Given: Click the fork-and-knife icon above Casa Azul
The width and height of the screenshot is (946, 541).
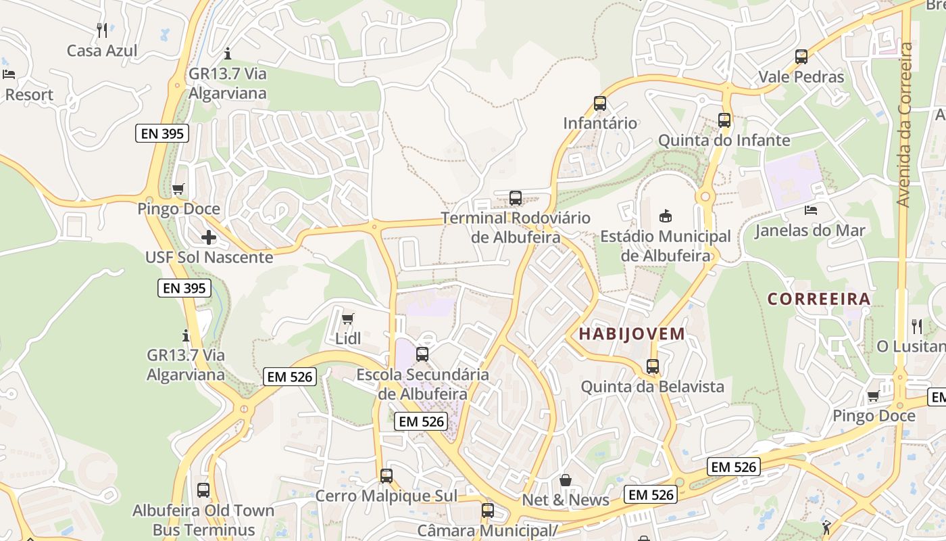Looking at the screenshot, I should pyautogui.click(x=102, y=30).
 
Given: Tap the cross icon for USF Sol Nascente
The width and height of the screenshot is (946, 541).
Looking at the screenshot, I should pyautogui.click(x=209, y=237).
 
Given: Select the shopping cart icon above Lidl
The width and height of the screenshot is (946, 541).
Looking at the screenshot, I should pyautogui.click(x=348, y=319).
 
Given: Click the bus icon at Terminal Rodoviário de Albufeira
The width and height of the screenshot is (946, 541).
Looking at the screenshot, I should pyautogui.click(x=516, y=198).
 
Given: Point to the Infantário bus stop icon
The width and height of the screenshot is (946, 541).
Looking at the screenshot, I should pyautogui.click(x=600, y=103).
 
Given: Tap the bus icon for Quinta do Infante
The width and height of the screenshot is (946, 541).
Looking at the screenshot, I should pyautogui.click(x=724, y=120).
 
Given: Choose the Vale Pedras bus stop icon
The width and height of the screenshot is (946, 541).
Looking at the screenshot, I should pyautogui.click(x=801, y=57).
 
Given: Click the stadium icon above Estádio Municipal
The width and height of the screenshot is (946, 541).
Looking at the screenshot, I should pyautogui.click(x=666, y=216).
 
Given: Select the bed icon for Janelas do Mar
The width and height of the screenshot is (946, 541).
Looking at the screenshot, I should pyautogui.click(x=811, y=210).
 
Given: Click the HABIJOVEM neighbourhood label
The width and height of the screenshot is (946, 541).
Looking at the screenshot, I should pyautogui.click(x=632, y=333).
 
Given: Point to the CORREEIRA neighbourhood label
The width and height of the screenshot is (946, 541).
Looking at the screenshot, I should pyautogui.click(x=819, y=299).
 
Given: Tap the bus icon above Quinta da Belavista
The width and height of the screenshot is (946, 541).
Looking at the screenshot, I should pyautogui.click(x=653, y=367).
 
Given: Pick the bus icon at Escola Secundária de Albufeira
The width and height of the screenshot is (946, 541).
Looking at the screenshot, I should pyautogui.click(x=422, y=354).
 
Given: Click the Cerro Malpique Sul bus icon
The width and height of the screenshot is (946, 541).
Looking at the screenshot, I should pyautogui.click(x=387, y=475).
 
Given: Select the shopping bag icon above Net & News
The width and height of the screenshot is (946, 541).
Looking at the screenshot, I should pyautogui.click(x=566, y=480).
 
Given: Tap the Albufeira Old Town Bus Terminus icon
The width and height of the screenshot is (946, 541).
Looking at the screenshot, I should pyautogui.click(x=203, y=490).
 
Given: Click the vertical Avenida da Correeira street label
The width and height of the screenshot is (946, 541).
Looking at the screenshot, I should pyautogui.click(x=905, y=125).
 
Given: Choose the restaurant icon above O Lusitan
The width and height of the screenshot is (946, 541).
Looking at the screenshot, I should pyautogui.click(x=917, y=327).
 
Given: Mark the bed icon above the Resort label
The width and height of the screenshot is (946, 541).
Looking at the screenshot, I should pyautogui.click(x=9, y=74).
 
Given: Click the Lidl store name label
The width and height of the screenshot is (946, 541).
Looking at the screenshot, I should pyautogui.click(x=348, y=339).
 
